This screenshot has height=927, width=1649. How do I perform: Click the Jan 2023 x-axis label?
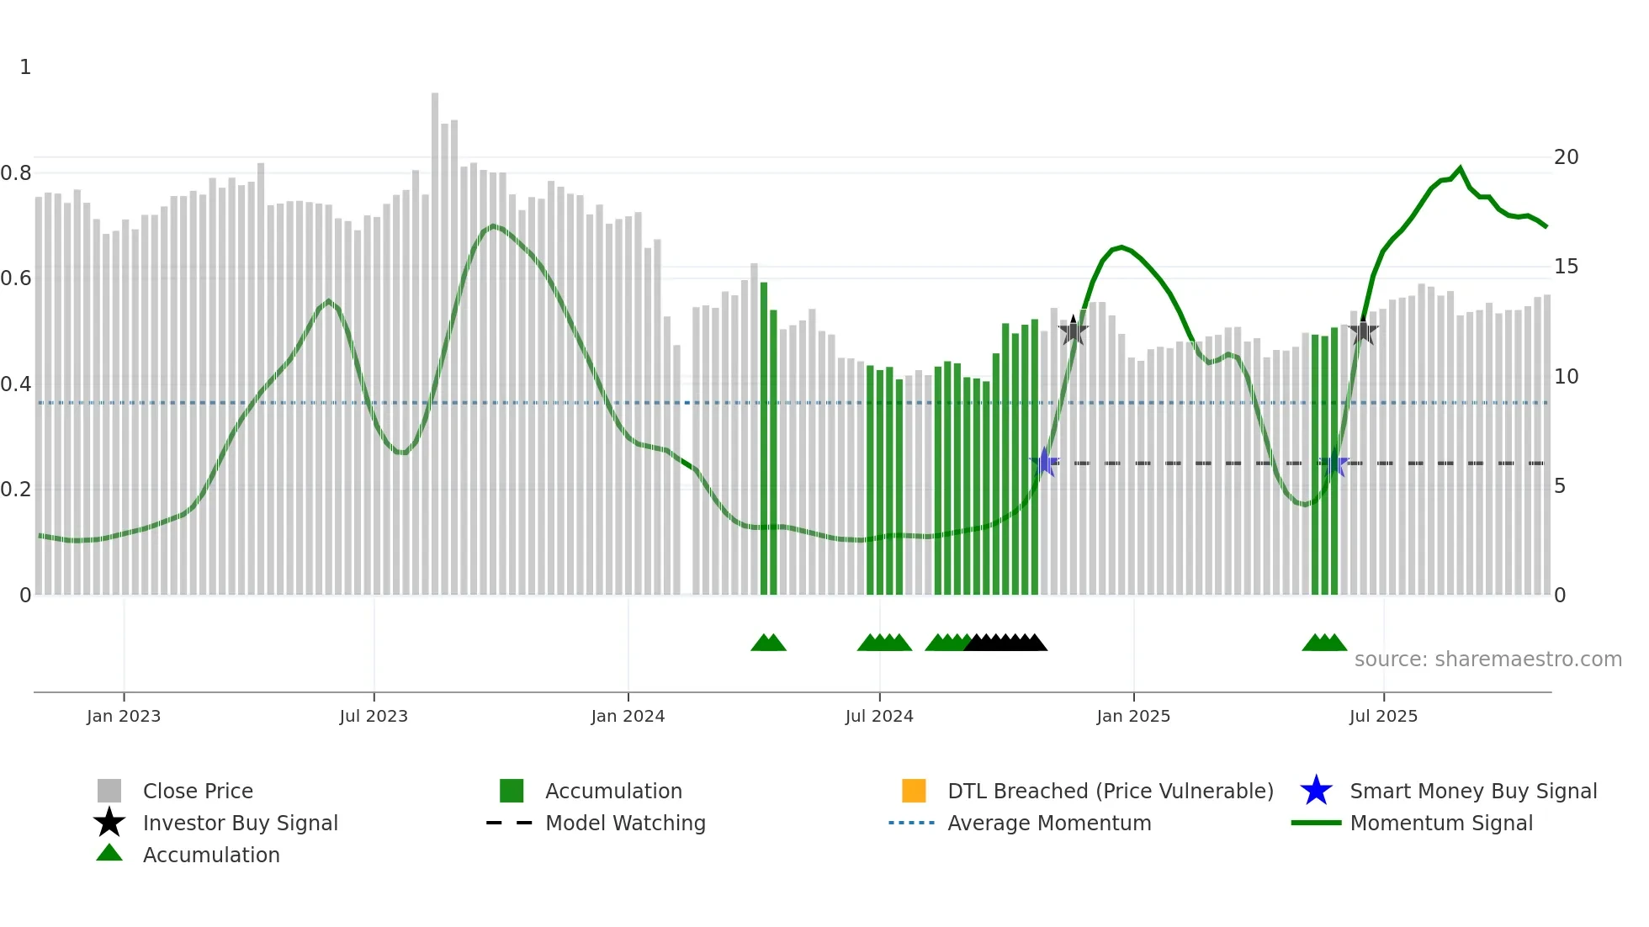[x=124, y=716]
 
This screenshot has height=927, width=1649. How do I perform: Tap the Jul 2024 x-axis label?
[x=879, y=716]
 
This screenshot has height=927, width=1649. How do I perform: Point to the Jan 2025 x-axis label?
[x=1133, y=716]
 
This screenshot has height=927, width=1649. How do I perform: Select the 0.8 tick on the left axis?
[x=16, y=173]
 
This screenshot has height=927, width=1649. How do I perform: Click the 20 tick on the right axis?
[x=1566, y=157]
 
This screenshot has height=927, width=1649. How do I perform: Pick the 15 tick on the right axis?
[x=1566, y=267]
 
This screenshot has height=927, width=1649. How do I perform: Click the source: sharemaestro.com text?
[x=1487, y=659]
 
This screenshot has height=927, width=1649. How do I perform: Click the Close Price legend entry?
[x=198, y=791]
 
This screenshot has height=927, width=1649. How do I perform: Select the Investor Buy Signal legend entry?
[x=240, y=823]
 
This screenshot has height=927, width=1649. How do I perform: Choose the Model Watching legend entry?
[x=625, y=823]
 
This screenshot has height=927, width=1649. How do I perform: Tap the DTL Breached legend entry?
[x=1110, y=791]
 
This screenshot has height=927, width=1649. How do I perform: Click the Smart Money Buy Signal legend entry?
[x=1473, y=791]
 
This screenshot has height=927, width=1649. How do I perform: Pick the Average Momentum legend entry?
[x=1049, y=823]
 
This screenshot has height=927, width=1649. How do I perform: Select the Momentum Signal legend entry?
[x=1441, y=823]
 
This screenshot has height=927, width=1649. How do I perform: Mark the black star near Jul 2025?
[x=1363, y=331]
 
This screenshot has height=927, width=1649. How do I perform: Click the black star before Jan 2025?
[x=1073, y=331]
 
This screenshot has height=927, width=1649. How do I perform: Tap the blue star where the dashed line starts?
[x=1044, y=462]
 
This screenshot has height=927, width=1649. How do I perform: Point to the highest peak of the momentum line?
[x=1461, y=168]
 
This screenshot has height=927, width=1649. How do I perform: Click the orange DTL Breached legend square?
[x=914, y=791]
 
